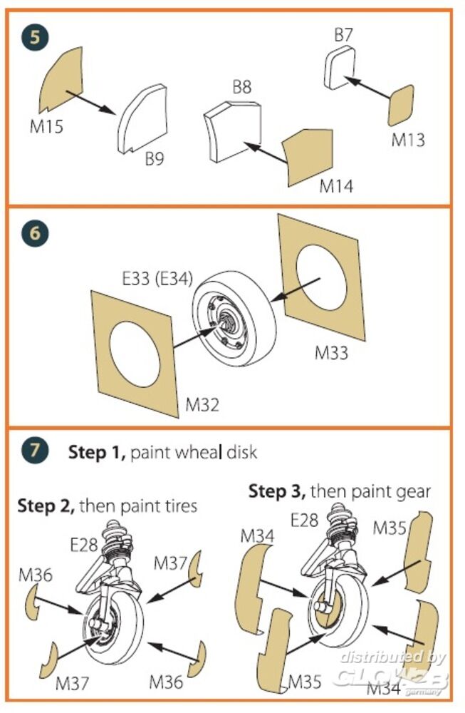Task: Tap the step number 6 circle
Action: pyautogui.click(x=34, y=234)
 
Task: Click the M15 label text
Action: pyautogui.click(x=46, y=127)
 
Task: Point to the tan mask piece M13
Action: pyautogui.click(x=401, y=106)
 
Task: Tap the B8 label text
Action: pyautogui.click(x=242, y=88)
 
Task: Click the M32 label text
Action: pyautogui.click(x=202, y=404)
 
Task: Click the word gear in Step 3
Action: pyautogui.click(x=414, y=491)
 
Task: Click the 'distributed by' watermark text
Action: pyautogui.click(x=392, y=656)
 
